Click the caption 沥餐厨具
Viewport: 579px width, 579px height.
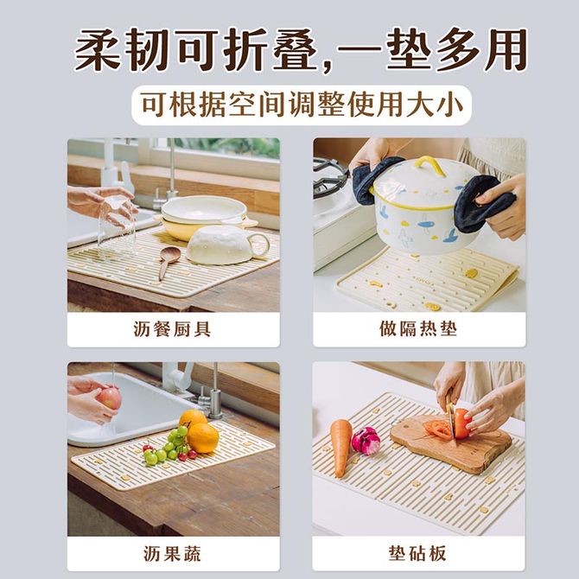tap(172, 329)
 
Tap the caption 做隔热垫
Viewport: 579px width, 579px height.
tap(418, 328)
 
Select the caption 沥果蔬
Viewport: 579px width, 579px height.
tap(172, 554)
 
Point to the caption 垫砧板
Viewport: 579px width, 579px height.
tap(417, 553)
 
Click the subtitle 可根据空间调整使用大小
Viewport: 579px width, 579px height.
tap(302, 105)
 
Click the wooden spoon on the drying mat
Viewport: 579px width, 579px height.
tap(168, 260)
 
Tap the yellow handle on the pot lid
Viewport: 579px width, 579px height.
tap(429, 165)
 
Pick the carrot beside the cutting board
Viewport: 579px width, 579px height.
tap(341, 447)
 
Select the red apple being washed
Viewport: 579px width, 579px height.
tap(109, 398)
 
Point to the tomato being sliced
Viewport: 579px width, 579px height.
tap(462, 423)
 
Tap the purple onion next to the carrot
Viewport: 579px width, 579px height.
tap(366, 441)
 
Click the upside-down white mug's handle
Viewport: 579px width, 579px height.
tap(259, 245)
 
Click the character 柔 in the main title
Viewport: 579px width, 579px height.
tap(98, 50)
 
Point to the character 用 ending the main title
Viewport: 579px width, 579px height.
tap(506, 50)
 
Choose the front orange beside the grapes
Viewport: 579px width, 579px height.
tap(203, 438)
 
